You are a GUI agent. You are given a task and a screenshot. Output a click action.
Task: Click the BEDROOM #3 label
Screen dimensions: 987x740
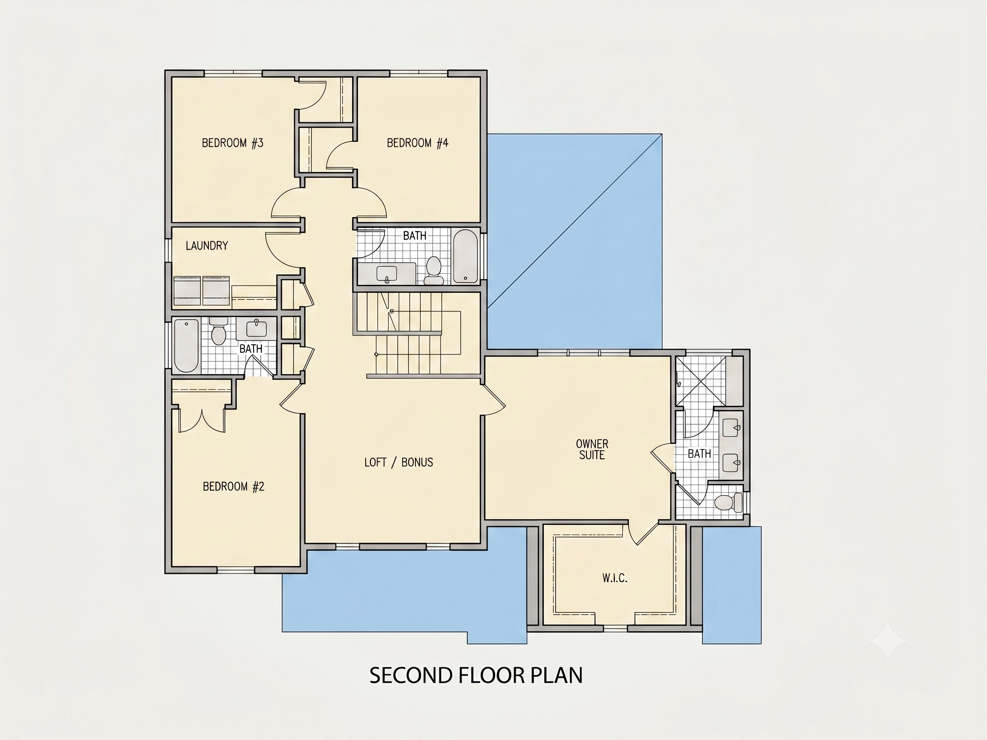[x=233, y=143]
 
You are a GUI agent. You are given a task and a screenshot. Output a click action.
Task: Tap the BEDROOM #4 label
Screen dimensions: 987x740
[x=417, y=143]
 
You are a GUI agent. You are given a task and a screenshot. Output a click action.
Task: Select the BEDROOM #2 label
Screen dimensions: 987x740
[x=233, y=486]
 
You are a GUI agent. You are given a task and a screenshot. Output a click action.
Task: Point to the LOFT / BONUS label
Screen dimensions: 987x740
[x=399, y=462]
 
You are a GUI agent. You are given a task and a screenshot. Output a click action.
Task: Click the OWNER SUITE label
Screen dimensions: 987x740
[x=592, y=449]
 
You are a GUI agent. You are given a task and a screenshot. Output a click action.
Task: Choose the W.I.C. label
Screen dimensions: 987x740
[x=615, y=578]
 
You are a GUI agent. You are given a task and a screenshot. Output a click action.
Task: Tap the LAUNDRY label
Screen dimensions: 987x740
[x=206, y=245]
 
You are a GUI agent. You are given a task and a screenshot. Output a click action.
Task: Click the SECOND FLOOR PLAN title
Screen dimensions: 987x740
[x=476, y=675]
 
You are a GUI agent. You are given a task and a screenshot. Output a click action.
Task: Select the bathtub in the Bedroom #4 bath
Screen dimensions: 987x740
[x=465, y=256]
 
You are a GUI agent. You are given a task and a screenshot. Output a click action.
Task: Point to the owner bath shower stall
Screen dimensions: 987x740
[x=701, y=380]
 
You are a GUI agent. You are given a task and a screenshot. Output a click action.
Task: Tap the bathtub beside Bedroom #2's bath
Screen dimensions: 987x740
[x=186, y=345]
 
